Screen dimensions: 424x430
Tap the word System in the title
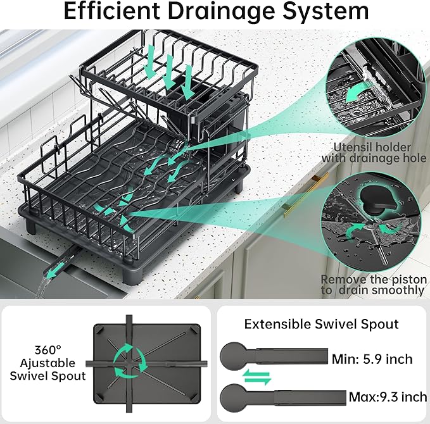[x=322, y=11]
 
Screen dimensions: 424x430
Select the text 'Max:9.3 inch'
[x=387, y=397]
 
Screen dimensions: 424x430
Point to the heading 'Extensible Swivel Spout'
[x=322, y=324]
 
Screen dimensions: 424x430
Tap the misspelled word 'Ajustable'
[x=47, y=363]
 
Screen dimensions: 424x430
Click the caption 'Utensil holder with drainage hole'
[x=374, y=152]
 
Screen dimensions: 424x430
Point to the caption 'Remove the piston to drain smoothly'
[x=373, y=285]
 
